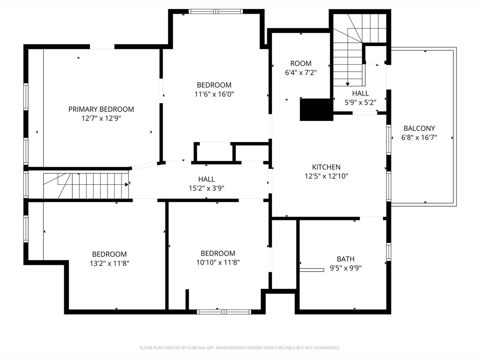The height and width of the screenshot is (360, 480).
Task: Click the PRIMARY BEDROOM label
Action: click(x=101, y=109)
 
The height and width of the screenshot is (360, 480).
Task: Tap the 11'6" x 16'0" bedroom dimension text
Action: click(x=214, y=94)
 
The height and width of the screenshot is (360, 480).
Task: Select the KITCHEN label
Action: click(x=326, y=167)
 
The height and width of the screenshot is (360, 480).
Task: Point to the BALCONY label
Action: click(x=419, y=128)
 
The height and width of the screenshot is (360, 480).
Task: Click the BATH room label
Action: click(x=345, y=259)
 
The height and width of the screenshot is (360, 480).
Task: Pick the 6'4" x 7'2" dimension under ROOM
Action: click(x=300, y=73)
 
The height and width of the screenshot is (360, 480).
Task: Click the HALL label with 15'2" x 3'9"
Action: click(x=206, y=179)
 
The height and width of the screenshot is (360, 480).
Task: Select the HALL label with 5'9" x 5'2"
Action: click(x=360, y=93)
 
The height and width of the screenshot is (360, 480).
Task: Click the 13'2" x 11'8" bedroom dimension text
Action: click(x=109, y=263)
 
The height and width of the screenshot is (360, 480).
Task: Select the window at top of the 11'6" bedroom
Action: click(x=216, y=11)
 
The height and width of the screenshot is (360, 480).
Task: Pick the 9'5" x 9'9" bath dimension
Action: click(x=345, y=268)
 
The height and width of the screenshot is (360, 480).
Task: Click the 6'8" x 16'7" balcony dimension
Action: click(x=419, y=137)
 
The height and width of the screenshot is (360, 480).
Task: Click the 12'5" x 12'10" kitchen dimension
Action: click(x=326, y=176)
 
